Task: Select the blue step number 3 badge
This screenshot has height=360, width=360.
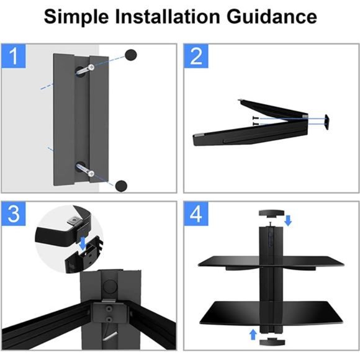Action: click(x=13, y=214)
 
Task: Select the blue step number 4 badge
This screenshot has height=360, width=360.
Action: click(x=196, y=214)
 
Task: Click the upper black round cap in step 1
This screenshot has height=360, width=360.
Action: click(x=131, y=55)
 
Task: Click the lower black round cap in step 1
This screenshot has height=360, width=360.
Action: click(x=122, y=185)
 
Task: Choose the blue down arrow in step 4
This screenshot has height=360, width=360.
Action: click(x=288, y=220)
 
